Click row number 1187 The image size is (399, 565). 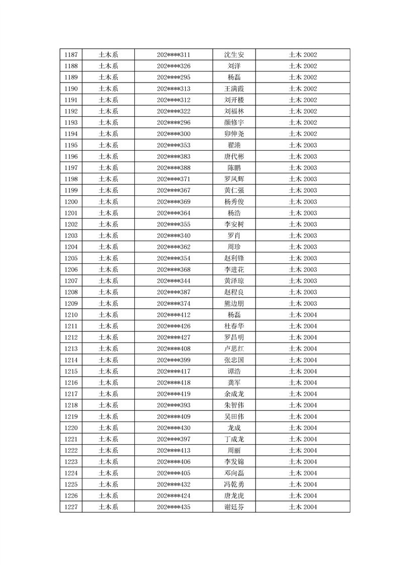point(71,55)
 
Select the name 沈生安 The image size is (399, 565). point(234,55)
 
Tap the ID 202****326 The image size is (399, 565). point(174,66)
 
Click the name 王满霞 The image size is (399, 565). point(234,89)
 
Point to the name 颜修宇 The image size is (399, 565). point(234,122)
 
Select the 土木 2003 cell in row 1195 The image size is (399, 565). point(302,145)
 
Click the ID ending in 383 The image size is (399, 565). point(174,157)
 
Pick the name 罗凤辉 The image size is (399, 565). point(234,179)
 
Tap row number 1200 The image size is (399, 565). point(71,201)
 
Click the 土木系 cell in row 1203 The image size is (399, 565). point(108,236)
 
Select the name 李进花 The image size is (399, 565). point(234,269)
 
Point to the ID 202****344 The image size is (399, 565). point(174,281)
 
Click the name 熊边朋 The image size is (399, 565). point(234,304)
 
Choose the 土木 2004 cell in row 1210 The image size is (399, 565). point(302,315)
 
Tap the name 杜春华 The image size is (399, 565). point(234,326)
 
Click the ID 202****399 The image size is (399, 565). point(174,360)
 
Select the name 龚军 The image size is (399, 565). point(234,383)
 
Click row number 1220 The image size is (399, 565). point(71,428)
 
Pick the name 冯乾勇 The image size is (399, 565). point(234,484)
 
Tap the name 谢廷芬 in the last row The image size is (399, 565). point(234,507)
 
